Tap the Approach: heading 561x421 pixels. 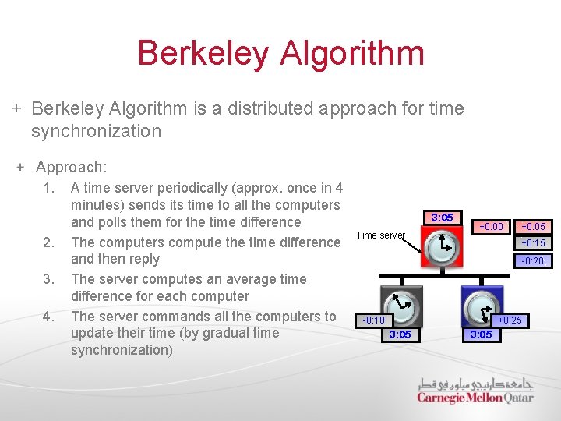tap(71, 167)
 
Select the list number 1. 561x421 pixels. tap(50, 188)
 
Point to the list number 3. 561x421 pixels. tap(50, 278)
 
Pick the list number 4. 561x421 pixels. tap(50, 317)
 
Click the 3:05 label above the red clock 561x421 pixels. tap(442, 218)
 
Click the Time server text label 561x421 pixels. tap(380, 235)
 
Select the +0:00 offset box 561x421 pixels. tap(491, 227)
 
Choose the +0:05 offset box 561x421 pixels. tap(533, 227)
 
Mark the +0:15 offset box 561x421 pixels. tap(533, 244)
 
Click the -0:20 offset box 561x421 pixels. tap(533, 261)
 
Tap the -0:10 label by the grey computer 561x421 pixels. tap(374, 320)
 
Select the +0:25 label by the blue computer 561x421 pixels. tap(510, 320)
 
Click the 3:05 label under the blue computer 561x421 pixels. tap(480, 335)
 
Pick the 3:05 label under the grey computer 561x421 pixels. tap(400, 335)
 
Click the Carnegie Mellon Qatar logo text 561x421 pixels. tap(475, 398)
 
